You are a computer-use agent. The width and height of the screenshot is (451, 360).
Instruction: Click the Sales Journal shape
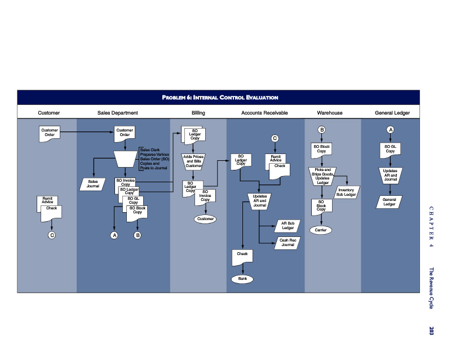[x=92, y=184]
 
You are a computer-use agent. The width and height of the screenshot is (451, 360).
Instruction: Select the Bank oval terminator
[x=242, y=279]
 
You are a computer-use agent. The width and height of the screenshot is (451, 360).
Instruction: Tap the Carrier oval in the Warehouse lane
[x=321, y=230]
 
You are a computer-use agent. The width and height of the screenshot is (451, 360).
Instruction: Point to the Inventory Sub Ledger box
[x=346, y=192]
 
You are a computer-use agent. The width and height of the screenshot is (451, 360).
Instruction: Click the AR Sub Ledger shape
[x=288, y=226]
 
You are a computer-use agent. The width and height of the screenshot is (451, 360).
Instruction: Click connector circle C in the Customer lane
[x=52, y=235]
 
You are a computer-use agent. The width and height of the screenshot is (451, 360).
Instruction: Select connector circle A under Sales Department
[x=114, y=235]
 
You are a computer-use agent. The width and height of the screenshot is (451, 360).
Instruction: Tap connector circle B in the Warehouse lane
[x=321, y=130]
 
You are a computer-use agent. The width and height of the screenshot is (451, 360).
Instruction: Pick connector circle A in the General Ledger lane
[x=390, y=130]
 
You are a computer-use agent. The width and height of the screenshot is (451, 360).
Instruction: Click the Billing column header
[x=198, y=113]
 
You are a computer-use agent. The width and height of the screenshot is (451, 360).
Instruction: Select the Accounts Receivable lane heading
[x=264, y=113]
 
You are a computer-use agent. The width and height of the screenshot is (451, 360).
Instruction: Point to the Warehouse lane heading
[x=330, y=113]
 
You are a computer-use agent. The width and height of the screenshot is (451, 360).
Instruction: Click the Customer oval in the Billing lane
[x=205, y=218]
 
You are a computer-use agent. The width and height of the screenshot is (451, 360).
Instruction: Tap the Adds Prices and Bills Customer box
[x=193, y=161]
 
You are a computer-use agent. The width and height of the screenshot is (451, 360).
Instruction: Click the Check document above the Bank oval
[x=242, y=256]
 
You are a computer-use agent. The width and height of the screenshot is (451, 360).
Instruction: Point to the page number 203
[x=432, y=331]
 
